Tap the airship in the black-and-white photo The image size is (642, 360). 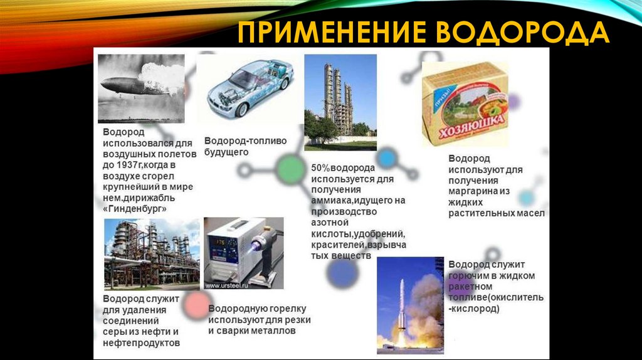[x=129, y=86]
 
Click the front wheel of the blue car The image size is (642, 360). [x=241, y=109]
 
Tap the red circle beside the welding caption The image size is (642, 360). [x=196, y=305]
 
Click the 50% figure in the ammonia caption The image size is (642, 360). [x=320, y=169]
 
